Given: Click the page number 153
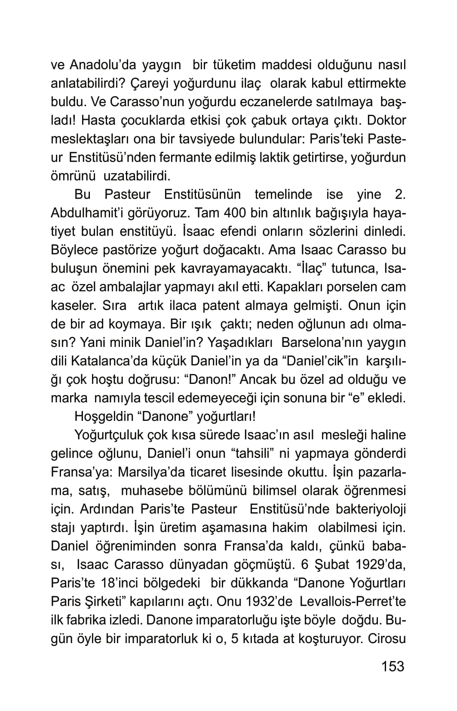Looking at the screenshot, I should (x=393, y=666).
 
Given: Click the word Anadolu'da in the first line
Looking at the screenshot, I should (x=103, y=65).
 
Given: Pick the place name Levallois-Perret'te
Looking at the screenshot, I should (x=353, y=601).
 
